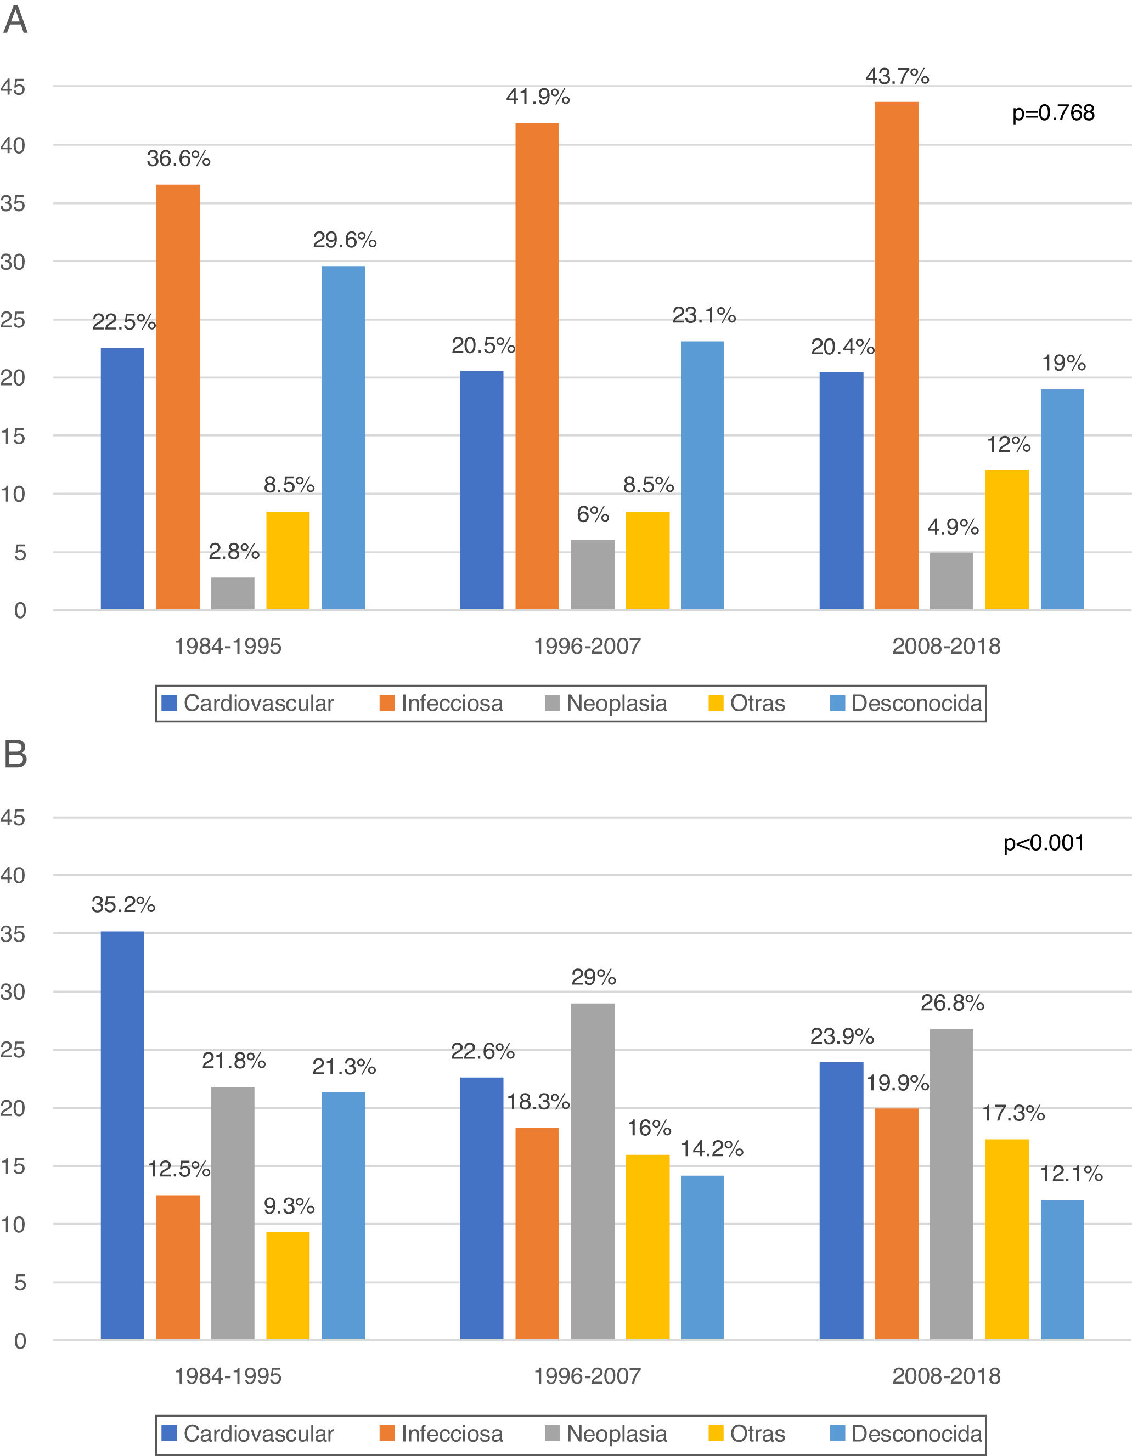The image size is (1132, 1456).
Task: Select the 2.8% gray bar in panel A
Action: pyautogui.click(x=233, y=593)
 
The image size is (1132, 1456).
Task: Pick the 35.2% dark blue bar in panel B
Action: pyautogui.click(x=122, y=1135)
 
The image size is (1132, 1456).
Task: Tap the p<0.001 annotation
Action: pyautogui.click(x=1044, y=843)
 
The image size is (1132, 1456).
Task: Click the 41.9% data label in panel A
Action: pyautogui.click(x=538, y=97)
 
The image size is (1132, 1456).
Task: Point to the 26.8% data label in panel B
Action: pyautogui.click(x=952, y=1002)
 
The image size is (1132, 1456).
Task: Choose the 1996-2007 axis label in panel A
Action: pyautogui.click(x=587, y=646)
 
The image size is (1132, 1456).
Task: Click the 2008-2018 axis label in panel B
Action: pyautogui.click(x=946, y=1376)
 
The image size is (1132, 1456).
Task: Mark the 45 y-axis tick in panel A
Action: pyautogui.click(x=13, y=87)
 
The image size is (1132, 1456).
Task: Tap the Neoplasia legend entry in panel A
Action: pyautogui.click(x=606, y=704)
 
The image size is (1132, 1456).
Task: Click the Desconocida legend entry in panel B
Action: pyautogui.click(x=905, y=1434)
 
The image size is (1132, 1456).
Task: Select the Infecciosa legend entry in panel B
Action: pyautogui.click(x=441, y=1434)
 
